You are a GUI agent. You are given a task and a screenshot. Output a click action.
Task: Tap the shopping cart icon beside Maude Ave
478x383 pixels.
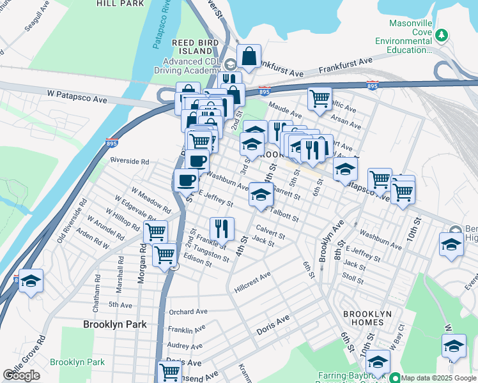[x=319, y=99]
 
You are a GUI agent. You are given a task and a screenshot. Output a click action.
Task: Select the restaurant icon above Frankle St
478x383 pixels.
[x=222, y=228]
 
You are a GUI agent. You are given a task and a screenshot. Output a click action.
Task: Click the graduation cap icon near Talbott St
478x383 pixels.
[x=260, y=195]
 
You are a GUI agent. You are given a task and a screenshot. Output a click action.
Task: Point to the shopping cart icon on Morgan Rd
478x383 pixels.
[x=155, y=232]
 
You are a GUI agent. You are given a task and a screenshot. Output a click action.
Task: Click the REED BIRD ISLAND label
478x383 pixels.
[x=196, y=47]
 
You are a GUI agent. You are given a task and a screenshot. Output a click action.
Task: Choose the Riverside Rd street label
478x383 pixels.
[x=129, y=161]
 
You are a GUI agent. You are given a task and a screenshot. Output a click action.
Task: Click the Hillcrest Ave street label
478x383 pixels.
[x=252, y=282]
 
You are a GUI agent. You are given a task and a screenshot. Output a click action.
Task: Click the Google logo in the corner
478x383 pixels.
[x=22, y=375]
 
